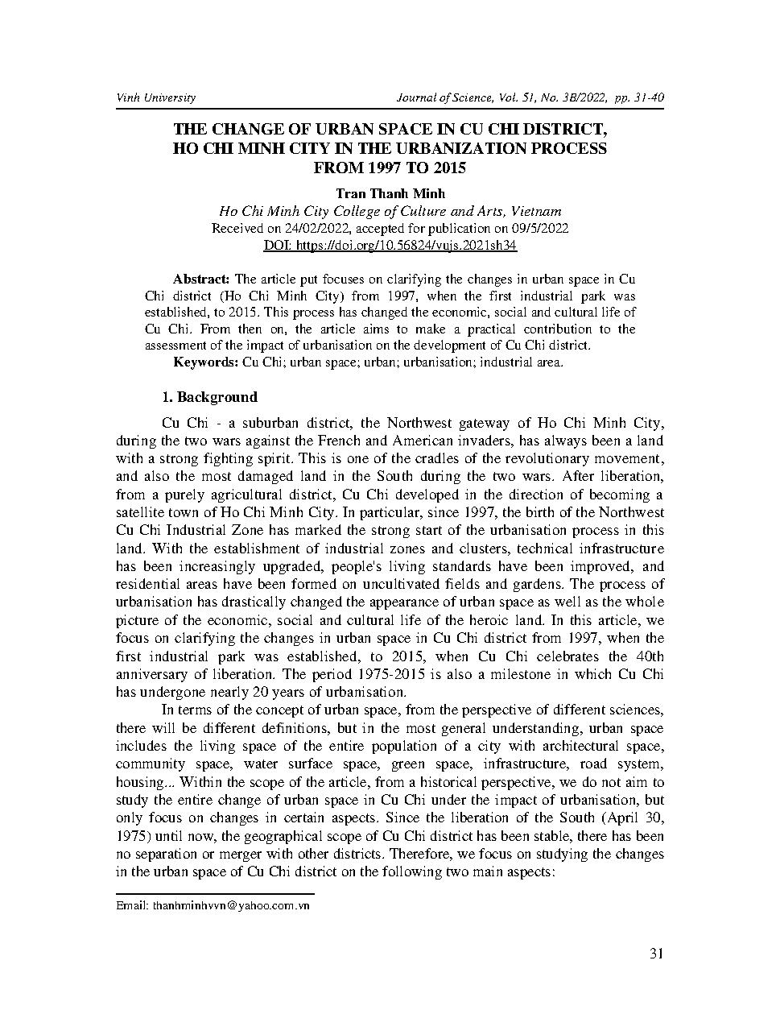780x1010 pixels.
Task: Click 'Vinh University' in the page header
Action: tap(156, 97)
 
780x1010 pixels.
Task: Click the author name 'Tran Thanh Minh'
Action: tap(390, 193)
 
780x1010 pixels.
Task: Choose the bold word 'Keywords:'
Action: tap(205, 362)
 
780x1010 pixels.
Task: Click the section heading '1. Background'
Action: tap(209, 397)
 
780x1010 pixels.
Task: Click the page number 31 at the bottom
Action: tap(656, 954)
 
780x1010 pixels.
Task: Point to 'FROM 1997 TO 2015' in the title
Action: tap(390, 168)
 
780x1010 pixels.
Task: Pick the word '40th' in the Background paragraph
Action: tap(648, 656)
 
